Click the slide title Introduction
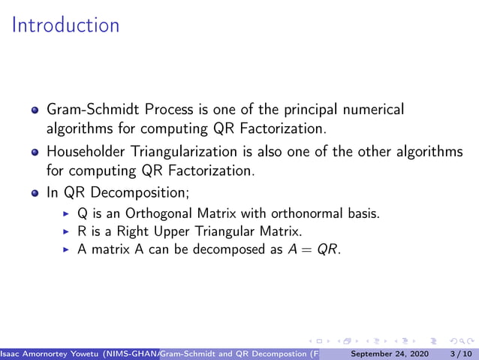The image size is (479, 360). click(66, 26)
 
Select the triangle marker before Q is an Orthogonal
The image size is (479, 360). click(66, 213)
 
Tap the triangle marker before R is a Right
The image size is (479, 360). click(66, 231)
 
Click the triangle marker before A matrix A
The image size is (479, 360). click(66, 250)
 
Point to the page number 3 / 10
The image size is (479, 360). click(457, 352)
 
